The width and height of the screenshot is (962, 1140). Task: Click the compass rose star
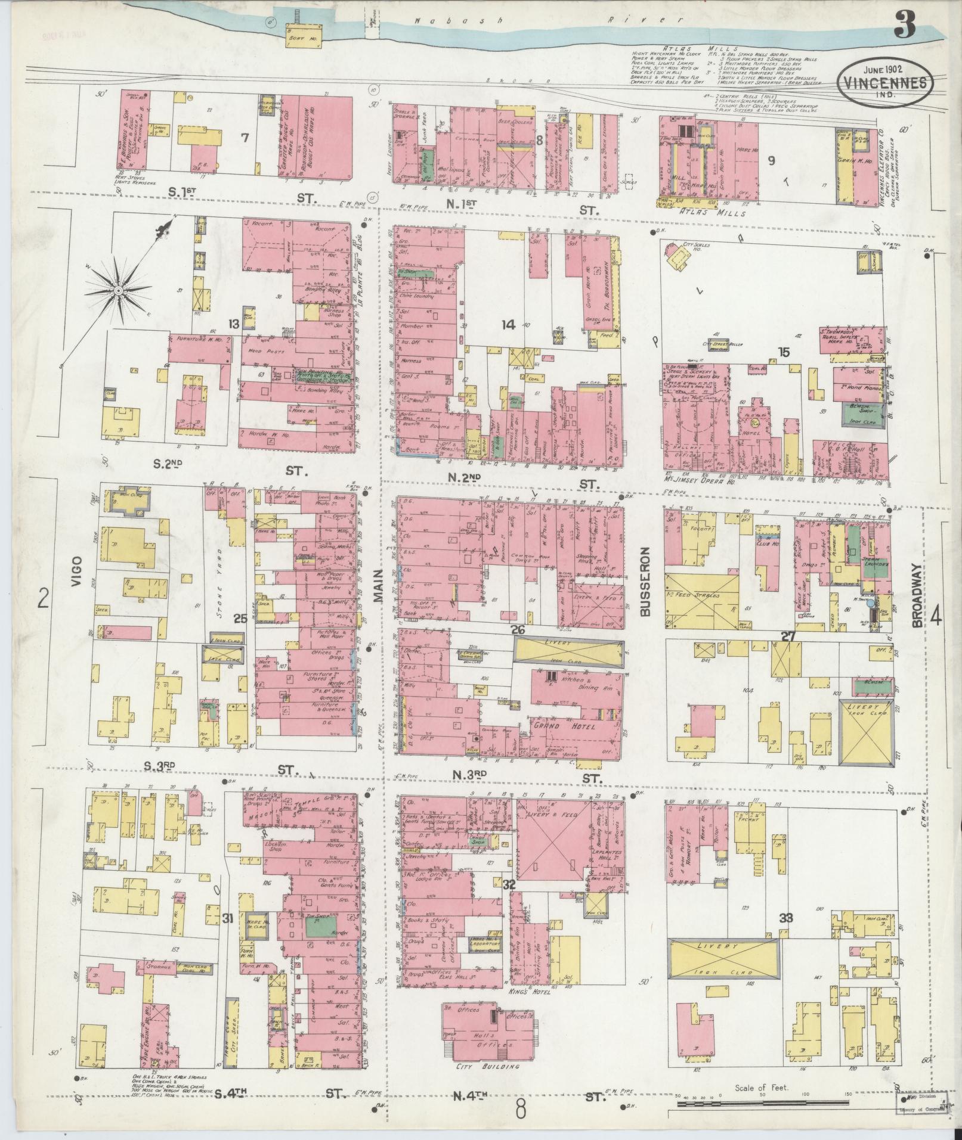119,290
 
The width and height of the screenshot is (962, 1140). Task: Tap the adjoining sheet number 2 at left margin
42,598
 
